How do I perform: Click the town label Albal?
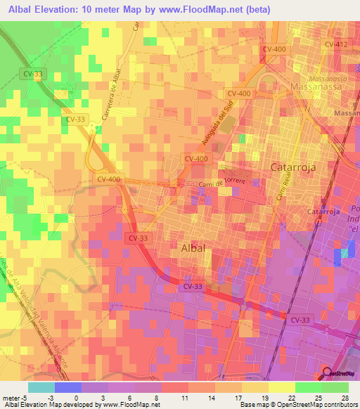[193, 248]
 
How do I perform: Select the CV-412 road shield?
[337, 44]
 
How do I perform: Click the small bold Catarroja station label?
[324, 212]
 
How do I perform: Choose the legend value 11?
[166, 396]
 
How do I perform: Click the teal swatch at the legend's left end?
[41, 387]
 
